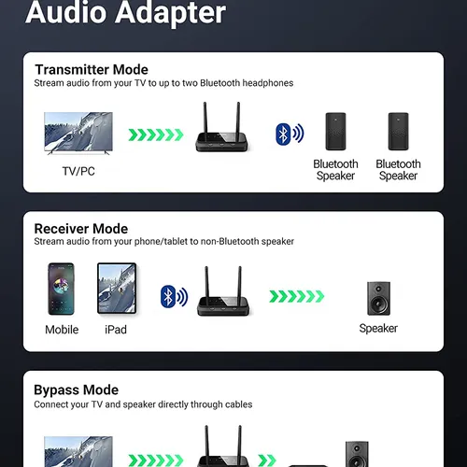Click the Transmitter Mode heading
92,69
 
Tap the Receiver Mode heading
81,229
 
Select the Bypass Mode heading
77,390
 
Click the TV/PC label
78,171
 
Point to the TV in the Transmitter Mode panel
78,133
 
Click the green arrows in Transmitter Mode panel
156,134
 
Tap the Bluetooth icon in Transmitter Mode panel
290,134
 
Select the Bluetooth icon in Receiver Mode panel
174,296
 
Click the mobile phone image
61,289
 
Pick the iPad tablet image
117,288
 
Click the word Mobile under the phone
62,330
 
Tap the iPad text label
116,330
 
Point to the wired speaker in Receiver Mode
378,299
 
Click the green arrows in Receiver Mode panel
297,296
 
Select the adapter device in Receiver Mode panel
223,291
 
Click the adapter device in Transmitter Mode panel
221,127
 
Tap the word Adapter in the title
172,13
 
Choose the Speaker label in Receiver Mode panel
378,329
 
